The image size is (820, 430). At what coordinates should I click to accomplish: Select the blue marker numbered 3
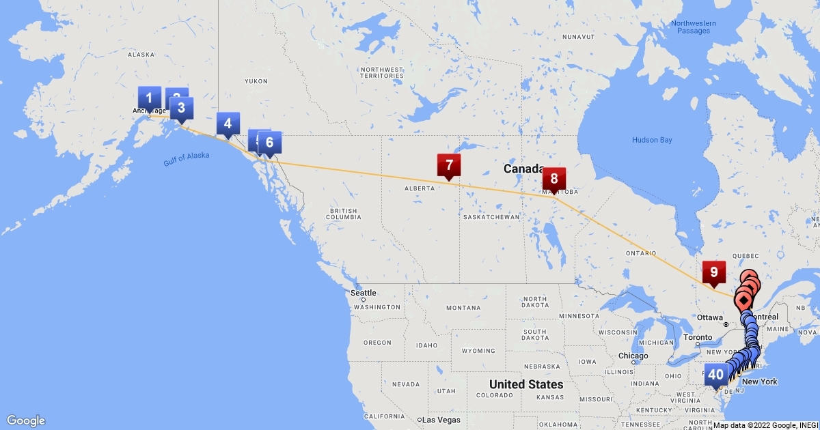point(181,108)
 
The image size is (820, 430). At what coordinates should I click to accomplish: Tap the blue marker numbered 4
point(228,124)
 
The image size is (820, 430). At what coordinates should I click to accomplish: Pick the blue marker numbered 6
point(269,142)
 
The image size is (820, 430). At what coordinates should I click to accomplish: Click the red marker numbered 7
point(449,164)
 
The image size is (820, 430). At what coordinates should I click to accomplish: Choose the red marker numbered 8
point(554,179)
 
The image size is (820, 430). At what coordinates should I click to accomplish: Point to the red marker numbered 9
point(713,272)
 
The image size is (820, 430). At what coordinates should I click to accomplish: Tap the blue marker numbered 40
point(715,374)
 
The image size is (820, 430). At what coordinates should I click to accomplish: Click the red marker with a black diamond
point(743,300)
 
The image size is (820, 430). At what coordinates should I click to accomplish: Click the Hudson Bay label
point(652,140)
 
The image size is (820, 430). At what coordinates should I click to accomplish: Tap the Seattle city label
point(363,293)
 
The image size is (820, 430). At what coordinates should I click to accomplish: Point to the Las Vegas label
point(441,419)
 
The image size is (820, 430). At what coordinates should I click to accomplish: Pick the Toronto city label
point(697,337)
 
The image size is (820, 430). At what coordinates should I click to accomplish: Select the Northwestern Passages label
point(693,27)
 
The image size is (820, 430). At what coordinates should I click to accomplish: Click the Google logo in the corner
point(26,420)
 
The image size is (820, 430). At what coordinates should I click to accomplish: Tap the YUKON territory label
point(256,81)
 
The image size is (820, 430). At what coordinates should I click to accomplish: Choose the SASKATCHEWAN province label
point(491,217)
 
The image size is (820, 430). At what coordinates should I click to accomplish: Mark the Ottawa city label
point(710,317)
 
